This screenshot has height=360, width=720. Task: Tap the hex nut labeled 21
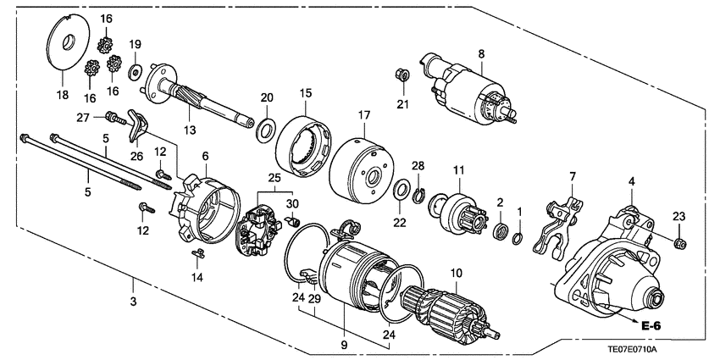pyautogui.click(x=402, y=76)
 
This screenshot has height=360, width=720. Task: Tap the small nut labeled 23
pyautogui.click(x=678, y=244)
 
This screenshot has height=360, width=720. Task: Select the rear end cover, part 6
pyautogui.click(x=204, y=208)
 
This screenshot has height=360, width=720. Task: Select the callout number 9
pyautogui.click(x=346, y=346)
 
